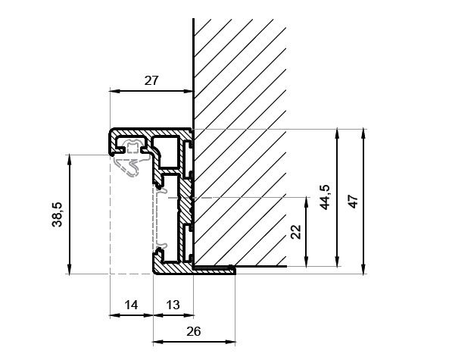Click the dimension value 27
click(x=151, y=81)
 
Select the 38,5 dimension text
click(x=58, y=214)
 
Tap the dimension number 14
click(x=131, y=305)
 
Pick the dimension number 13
click(x=173, y=305)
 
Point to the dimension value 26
click(x=194, y=331)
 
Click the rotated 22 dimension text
click(x=296, y=232)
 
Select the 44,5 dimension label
click(x=324, y=198)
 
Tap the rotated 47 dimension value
click(x=354, y=202)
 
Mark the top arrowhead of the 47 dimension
click(x=363, y=133)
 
